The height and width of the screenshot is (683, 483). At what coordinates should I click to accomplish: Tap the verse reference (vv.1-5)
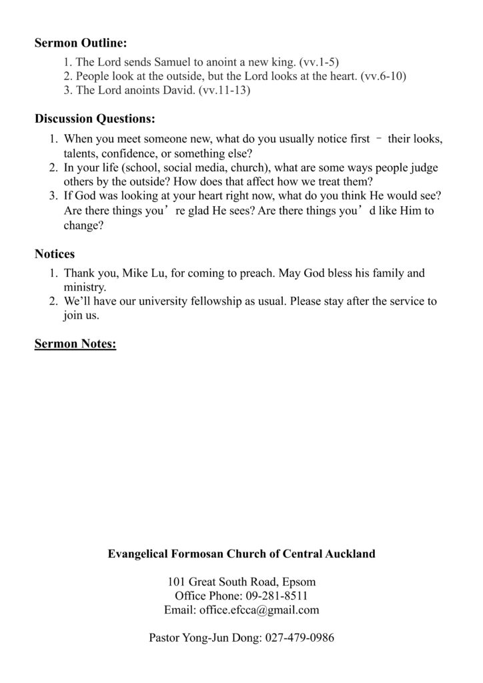click(x=320, y=62)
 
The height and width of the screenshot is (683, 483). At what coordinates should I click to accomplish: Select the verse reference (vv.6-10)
click(x=383, y=76)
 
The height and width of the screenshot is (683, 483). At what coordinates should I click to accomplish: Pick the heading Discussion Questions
click(x=95, y=119)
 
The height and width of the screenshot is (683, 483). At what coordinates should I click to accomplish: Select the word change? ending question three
click(x=83, y=225)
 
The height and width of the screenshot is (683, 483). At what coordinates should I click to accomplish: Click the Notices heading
click(x=55, y=254)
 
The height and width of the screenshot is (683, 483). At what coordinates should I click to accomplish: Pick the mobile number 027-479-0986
click(x=300, y=638)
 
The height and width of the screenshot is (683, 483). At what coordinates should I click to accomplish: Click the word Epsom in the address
click(x=301, y=582)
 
